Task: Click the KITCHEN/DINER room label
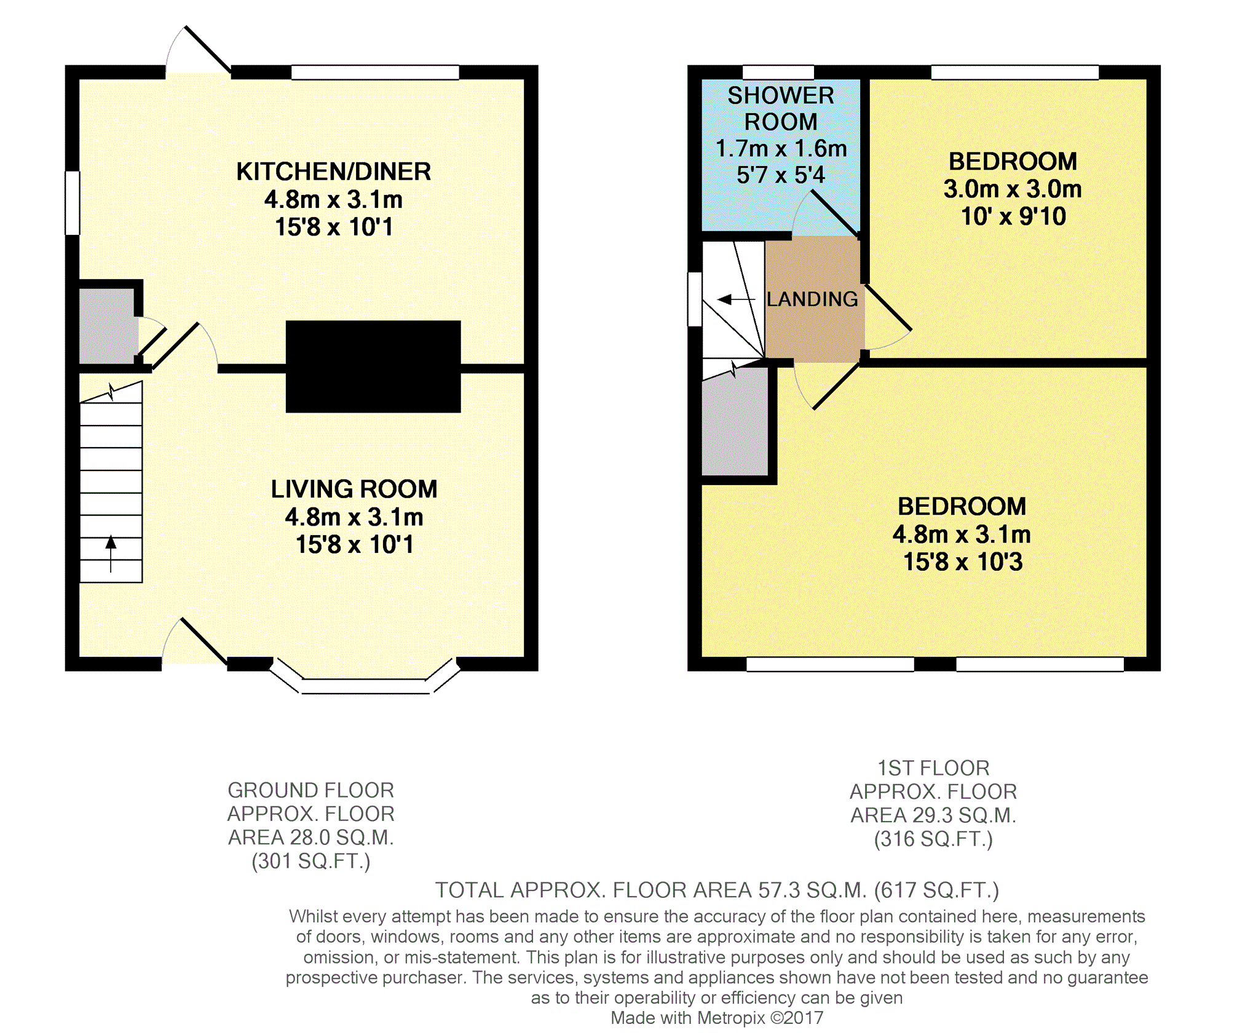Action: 333,172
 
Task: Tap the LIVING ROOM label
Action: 354,489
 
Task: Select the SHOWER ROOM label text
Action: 781,109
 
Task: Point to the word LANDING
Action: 812,299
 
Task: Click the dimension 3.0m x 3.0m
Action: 1013,189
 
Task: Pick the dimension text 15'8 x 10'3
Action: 963,561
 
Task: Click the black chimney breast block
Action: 373,367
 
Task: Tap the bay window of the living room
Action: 365,678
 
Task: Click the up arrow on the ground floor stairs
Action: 111,553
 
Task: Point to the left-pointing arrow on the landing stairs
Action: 736,299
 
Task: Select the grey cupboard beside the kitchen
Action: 108,326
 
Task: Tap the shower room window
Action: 778,72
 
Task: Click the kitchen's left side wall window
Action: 73,203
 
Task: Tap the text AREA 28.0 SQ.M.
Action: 311,838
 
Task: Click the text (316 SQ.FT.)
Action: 933,839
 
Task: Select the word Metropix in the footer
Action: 731,1018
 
